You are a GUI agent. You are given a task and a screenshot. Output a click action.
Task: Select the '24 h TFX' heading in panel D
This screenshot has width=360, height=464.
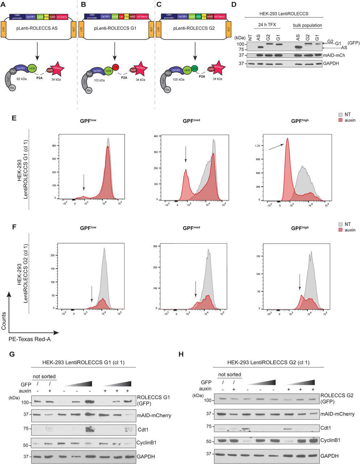pos(265,26)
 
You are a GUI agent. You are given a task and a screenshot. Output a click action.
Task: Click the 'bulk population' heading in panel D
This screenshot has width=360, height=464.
pos(307,26)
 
